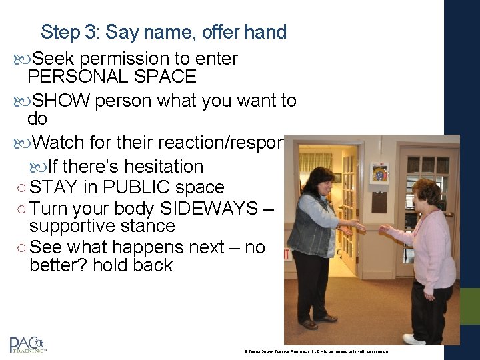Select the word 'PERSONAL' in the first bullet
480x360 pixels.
[x=73, y=76]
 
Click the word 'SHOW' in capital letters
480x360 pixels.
[x=61, y=101]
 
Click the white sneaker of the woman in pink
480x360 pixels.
[x=413, y=339]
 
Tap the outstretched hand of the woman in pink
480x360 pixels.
[x=385, y=228]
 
